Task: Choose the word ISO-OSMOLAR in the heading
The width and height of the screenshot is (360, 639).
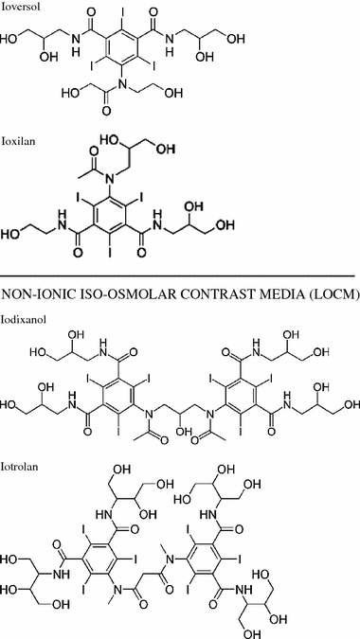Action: click(x=119, y=293)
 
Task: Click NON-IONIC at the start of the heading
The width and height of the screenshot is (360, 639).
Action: click(x=35, y=293)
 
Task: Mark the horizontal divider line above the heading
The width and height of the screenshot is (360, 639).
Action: click(x=180, y=275)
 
